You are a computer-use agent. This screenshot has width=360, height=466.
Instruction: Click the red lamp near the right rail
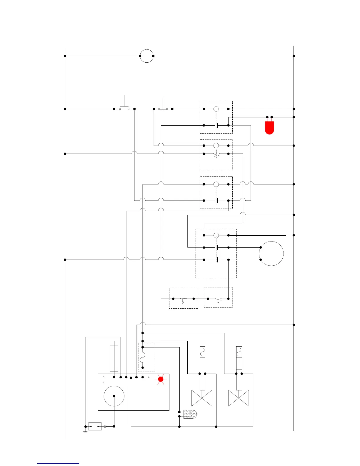pyautogui.click(x=269, y=127)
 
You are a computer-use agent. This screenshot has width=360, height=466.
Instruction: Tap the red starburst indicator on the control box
pyautogui.click(x=161, y=380)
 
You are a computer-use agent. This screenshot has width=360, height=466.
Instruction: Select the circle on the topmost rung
pyautogui.click(x=146, y=56)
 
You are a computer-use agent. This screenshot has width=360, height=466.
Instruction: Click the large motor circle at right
pyautogui.click(x=271, y=254)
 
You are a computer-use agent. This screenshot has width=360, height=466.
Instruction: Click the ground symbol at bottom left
pyautogui.click(x=86, y=432)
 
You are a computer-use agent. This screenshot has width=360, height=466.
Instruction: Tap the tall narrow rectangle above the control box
pyautogui.click(x=114, y=358)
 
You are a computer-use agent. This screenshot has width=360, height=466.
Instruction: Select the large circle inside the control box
pyautogui.click(x=114, y=396)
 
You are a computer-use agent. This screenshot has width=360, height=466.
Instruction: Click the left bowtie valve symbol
pyautogui.click(x=202, y=398)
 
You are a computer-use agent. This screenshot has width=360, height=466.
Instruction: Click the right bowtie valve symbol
pyautogui.click(x=239, y=398)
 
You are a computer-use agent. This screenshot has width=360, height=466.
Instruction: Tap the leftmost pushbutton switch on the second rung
pyautogui.click(x=124, y=108)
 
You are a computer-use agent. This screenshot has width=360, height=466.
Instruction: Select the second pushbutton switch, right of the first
pyautogui.click(x=163, y=108)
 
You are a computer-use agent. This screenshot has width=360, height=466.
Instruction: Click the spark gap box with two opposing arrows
pyautogui.click(x=95, y=426)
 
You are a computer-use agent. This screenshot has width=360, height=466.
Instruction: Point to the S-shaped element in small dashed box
pyautogui.click(x=143, y=357)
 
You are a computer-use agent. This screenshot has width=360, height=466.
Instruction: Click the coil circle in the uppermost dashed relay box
pyautogui.click(x=216, y=109)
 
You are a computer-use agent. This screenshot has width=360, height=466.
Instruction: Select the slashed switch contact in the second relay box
pyautogui.click(x=216, y=154)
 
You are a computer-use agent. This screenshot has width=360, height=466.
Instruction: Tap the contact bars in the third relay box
pyautogui.click(x=216, y=201)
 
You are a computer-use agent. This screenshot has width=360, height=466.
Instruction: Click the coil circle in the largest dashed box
pyautogui.click(x=216, y=235)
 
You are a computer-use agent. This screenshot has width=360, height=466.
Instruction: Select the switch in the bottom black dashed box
pyautogui.click(x=183, y=299)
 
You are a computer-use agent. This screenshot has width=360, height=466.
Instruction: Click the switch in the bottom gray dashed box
pyautogui.click(x=218, y=299)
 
